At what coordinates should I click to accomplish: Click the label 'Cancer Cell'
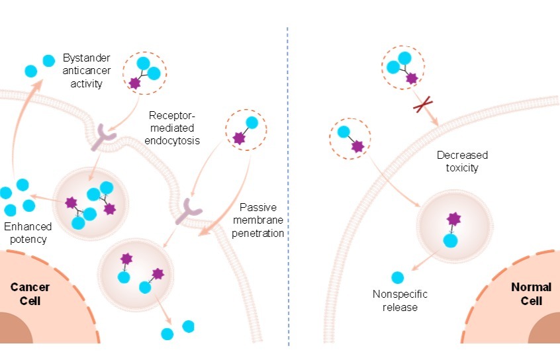coord(26,294)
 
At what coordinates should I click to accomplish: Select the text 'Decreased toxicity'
coord(462,161)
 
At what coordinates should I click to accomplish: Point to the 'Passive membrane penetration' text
coord(262,220)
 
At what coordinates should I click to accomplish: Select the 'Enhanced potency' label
coord(26,233)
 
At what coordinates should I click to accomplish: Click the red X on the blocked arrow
coord(421,105)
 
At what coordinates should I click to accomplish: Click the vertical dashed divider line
coord(288,185)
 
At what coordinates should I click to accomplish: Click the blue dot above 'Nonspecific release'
coord(397,278)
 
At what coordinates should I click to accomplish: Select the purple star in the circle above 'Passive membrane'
coord(238,138)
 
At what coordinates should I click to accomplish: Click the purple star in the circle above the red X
coord(412,78)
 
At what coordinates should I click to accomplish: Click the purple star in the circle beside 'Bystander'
coord(135,83)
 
